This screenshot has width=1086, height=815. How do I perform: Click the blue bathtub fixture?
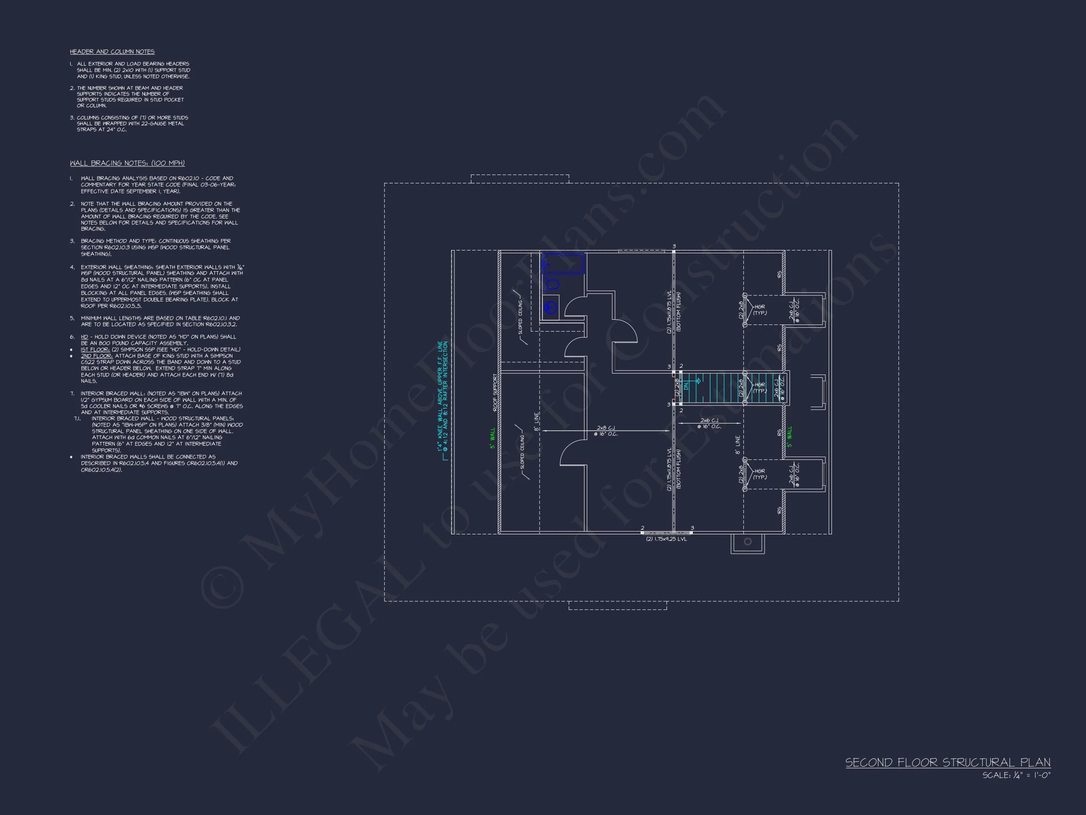pyautogui.click(x=563, y=264)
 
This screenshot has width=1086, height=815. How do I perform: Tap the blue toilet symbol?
pyautogui.click(x=552, y=284)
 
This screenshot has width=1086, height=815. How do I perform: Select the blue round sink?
pyautogui.click(x=551, y=308)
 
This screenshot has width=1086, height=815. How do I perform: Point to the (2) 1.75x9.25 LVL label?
pyautogui.click(x=666, y=539)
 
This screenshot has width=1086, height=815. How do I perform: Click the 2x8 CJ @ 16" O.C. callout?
pyautogui.click(x=606, y=431)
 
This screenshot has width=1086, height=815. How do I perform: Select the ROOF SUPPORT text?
pyautogui.click(x=495, y=392)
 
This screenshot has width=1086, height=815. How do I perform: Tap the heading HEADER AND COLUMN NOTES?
pyautogui.click(x=112, y=51)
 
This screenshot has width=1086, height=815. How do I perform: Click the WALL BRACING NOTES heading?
pyautogui.click(x=127, y=163)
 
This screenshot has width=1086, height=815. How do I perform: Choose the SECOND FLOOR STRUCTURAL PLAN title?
pyautogui.click(x=947, y=763)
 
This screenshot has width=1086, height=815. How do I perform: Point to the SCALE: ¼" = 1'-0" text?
pyautogui.click(x=1016, y=776)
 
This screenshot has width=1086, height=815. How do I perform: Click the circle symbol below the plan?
pyautogui.click(x=748, y=541)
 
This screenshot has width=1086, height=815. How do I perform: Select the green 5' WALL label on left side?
pyautogui.click(x=493, y=438)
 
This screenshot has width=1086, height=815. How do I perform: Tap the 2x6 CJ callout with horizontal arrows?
pyautogui.click(x=709, y=423)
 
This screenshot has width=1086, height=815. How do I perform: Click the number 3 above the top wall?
pyautogui.click(x=674, y=246)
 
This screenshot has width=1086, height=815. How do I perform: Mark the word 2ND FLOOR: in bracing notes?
pyautogui.click(x=97, y=356)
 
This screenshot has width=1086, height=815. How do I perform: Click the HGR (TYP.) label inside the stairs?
pyautogui.click(x=759, y=388)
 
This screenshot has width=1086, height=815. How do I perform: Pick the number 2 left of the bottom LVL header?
pyautogui.click(x=642, y=528)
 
